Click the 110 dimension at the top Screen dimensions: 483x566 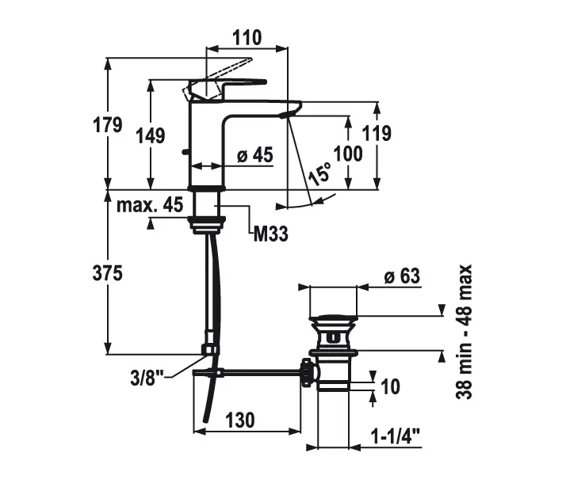coord(247,38)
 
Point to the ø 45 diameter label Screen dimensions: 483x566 coord(254,155)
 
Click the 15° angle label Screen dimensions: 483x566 coord(320,173)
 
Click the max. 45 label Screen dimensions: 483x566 coord(151,205)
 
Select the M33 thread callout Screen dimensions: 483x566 coord(270,233)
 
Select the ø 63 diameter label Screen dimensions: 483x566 coord(401,277)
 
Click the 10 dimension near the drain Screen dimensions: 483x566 coord(390,386)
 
